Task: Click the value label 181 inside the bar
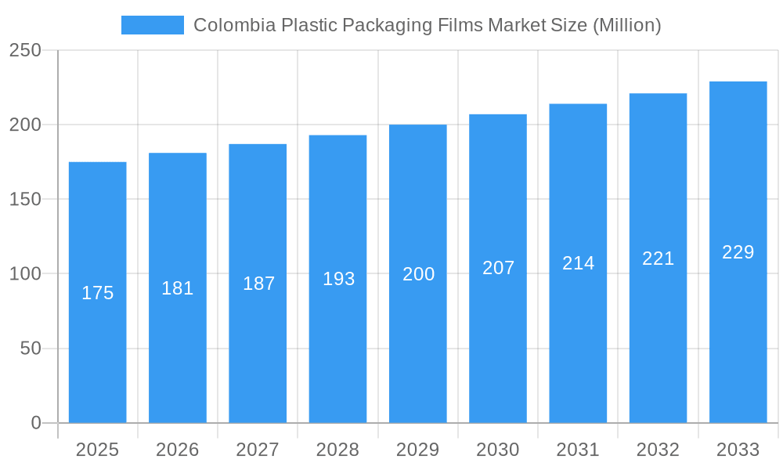coord(178,288)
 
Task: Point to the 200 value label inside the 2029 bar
coord(418,274)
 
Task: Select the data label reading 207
coord(498,268)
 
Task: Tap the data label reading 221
coord(658,258)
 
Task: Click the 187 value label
coord(258,284)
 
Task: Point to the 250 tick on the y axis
coord(25,50)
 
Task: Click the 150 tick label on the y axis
coord(25,199)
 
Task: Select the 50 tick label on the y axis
coord(31,349)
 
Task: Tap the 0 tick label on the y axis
coord(36,423)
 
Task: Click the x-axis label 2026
coord(178,450)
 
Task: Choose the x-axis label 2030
coord(498,450)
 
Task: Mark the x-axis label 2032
coord(658,450)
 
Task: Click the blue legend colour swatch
coord(153,25)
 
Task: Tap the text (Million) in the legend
coord(626,25)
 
